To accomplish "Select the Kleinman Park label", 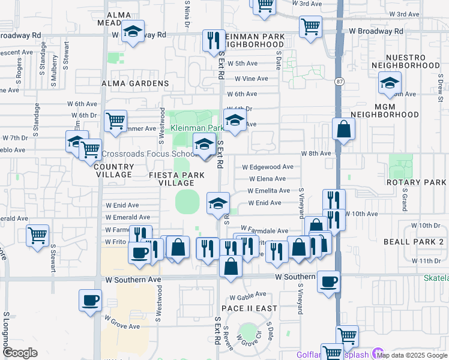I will [197, 128].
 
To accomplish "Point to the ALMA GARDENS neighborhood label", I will [134, 83].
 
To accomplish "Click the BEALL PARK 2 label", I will [413, 241].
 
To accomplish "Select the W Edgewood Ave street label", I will [267, 167].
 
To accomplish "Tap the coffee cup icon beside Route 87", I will [328, 282].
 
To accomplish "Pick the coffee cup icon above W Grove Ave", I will [90, 300].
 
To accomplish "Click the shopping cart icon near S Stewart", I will [38, 235].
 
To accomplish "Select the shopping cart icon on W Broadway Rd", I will [310, 26].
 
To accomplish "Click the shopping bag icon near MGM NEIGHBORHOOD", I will [343, 128].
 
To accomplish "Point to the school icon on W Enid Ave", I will [218, 203].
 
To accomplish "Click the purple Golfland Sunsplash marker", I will [378, 353].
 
